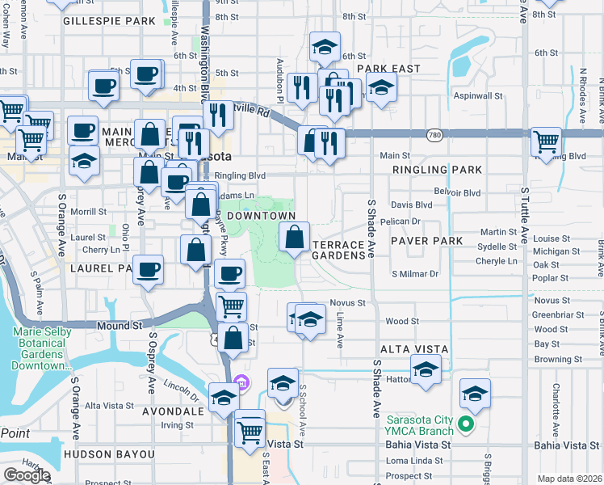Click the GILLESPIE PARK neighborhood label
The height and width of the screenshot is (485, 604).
108,20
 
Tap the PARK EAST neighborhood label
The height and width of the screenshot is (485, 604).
388,69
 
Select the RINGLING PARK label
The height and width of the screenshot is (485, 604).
437,170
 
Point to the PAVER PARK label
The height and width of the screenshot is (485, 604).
427,241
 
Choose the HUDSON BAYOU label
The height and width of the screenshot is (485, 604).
108,454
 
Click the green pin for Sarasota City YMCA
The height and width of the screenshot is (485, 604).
465,424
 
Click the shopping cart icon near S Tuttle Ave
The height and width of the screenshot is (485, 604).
547,141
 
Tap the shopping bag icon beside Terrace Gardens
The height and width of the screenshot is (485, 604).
295,237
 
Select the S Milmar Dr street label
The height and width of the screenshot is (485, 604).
414,274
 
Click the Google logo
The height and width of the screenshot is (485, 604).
27,475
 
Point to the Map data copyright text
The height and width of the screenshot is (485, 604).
570,479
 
